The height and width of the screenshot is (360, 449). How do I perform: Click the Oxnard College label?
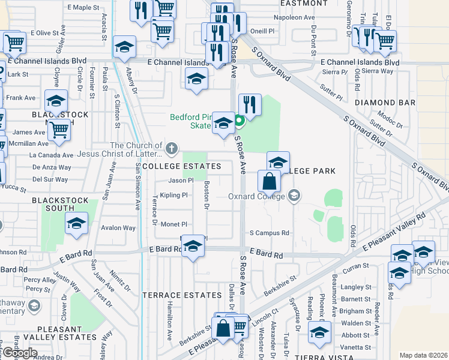(257, 196)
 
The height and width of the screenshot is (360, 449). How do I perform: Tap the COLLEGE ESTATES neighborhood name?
(181, 166)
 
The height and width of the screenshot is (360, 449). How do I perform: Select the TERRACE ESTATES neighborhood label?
(182, 295)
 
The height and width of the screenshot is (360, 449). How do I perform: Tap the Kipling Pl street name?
(173, 195)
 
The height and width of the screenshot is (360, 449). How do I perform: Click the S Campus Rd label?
(270, 233)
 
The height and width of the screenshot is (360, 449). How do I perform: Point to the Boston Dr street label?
(206, 196)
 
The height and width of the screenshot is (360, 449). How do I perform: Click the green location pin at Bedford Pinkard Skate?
(238, 122)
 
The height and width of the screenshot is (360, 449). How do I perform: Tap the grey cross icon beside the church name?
(172, 147)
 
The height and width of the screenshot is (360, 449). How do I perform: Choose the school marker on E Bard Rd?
(193, 247)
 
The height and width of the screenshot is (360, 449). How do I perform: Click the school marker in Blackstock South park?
(76, 224)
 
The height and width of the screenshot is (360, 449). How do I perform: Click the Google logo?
(19, 352)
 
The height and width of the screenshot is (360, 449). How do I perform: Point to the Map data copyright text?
(423, 355)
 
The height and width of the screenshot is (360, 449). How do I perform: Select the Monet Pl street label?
(174, 224)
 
